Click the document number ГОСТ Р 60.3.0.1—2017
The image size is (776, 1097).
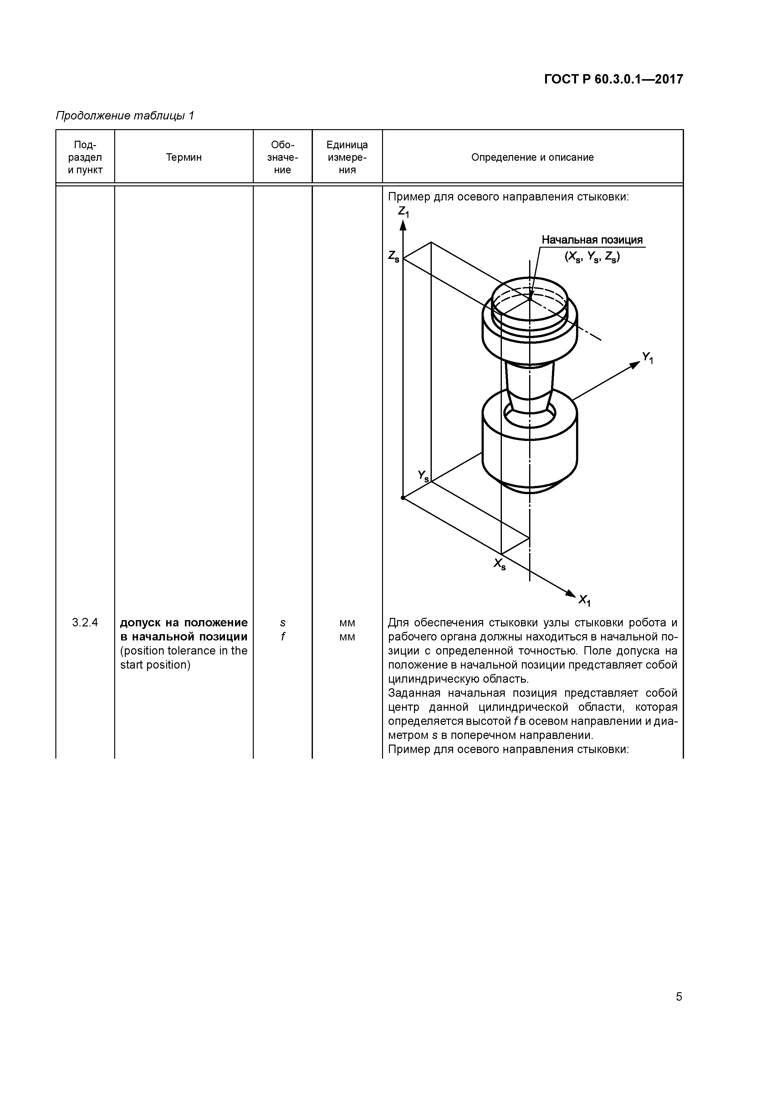point(613,79)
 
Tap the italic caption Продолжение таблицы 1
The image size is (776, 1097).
point(125,116)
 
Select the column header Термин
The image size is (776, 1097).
point(184,157)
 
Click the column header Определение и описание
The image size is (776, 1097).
point(532,157)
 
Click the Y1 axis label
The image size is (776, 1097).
point(647,357)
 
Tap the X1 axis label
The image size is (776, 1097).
point(584,600)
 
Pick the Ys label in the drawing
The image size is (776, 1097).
point(423,475)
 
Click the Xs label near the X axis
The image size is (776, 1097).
point(500,564)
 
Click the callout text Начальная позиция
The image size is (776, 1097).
point(592,240)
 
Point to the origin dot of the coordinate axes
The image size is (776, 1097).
point(403,498)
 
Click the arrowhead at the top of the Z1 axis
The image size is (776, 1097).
point(403,225)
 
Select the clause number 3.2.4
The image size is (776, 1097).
point(85,623)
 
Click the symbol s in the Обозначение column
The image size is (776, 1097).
point(283,623)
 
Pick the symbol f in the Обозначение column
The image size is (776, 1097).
point(283,637)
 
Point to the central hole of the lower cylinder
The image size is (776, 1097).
point(530,413)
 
